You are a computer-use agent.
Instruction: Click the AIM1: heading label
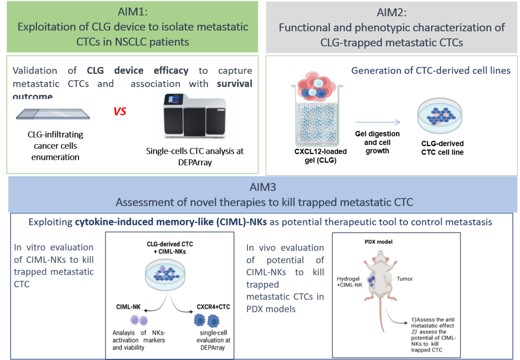pyautogui.click(x=132, y=12)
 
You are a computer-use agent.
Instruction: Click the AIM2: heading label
pyautogui.click(x=392, y=12)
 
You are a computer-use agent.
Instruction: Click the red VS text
pyautogui.click(x=120, y=112)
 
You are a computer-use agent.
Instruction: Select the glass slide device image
pyautogui.click(x=53, y=114)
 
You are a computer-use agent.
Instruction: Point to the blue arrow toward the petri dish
pyautogui.click(x=378, y=123)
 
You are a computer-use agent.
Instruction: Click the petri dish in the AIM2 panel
pyautogui.click(x=439, y=114)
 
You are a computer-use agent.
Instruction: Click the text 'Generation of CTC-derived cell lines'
pyautogui.click(x=430, y=71)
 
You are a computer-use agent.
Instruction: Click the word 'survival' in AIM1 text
pyautogui.click(x=234, y=84)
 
